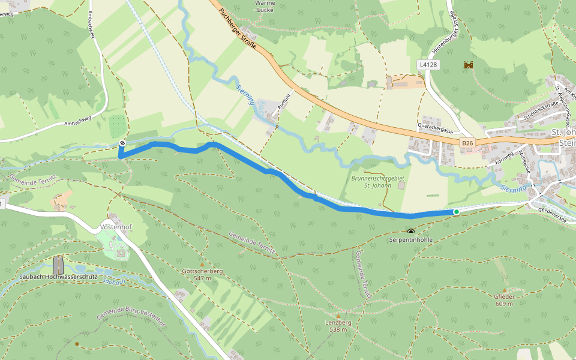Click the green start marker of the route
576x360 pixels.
click(456, 212)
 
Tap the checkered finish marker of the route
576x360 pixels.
click(122, 143)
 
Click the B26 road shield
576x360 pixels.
click(468, 143)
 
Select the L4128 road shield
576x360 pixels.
click(428, 64)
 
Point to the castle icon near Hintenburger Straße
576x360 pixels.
click(468, 65)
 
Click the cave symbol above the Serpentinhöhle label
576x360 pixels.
click(410, 232)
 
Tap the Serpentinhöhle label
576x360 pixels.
click(410, 240)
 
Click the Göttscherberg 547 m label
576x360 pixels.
click(202, 275)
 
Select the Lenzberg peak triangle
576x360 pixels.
click(338, 316)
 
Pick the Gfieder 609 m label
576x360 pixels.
click(503, 299)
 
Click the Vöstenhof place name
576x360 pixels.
click(115, 228)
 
